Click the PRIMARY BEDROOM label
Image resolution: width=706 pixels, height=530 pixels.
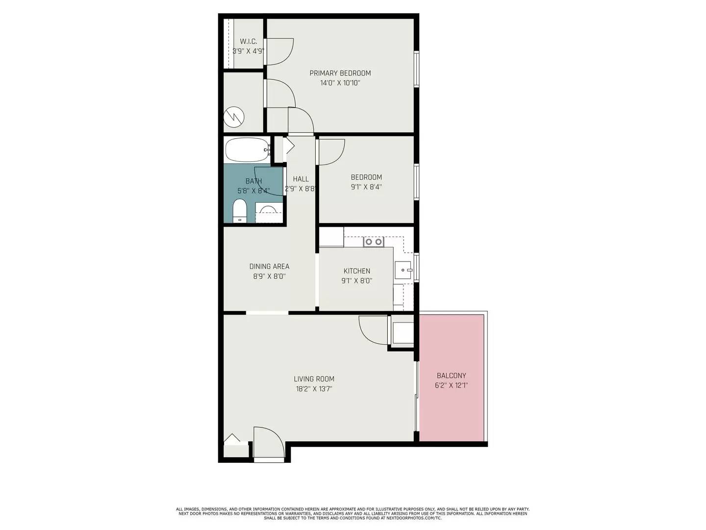[x=340, y=73]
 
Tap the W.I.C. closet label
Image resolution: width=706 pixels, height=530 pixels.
[x=248, y=42]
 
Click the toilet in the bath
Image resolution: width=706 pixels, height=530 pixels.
[x=239, y=211]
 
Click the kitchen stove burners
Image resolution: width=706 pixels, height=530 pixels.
[x=373, y=241]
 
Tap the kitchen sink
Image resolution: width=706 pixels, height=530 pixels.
[x=403, y=270]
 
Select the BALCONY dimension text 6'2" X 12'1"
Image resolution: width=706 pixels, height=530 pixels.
[x=451, y=386]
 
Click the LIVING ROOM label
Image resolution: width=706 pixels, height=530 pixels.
[x=314, y=379]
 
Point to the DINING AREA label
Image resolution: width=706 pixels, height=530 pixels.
[x=269, y=266]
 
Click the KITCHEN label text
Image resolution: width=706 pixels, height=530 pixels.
[x=356, y=271]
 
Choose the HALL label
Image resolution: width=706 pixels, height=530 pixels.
[x=301, y=179]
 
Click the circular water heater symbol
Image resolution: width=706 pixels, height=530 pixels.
[x=233, y=117]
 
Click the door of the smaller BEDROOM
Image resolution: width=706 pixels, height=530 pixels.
[x=331, y=151]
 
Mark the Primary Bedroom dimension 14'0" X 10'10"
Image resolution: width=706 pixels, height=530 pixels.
[x=340, y=83]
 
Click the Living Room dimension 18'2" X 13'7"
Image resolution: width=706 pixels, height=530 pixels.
[x=314, y=389]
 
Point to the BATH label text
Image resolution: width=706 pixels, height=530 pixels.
[x=253, y=181]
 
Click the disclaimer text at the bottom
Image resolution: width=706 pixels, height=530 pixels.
[x=353, y=513]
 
